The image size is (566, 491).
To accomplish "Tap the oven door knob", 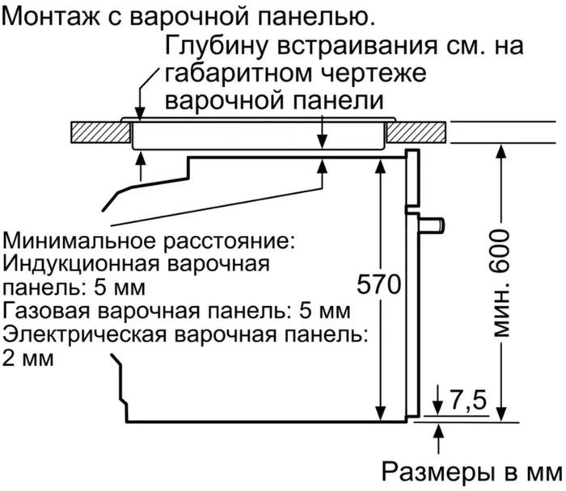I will click(x=434, y=223).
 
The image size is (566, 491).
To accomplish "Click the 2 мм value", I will click(x=28, y=358).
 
